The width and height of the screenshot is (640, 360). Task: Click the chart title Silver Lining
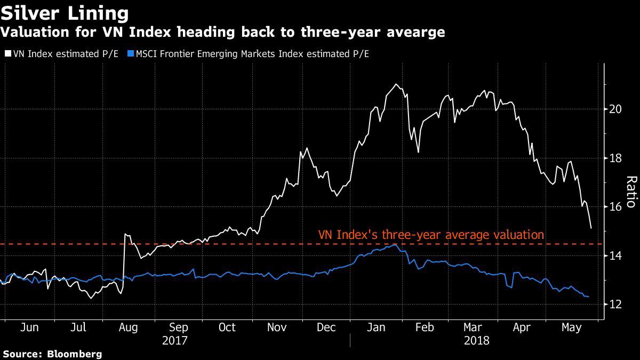pyautogui.click(x=65, y=13)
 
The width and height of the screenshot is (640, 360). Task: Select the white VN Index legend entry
pyautogui.click(x=63, y=53)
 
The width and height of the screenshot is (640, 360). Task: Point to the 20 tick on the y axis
pyautogui.click(x=615, y=109)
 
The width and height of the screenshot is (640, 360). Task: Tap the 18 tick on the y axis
pyautogui.click(x=615, y=158)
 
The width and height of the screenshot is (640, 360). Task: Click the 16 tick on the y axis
pyautogui.click(x=615, y=207)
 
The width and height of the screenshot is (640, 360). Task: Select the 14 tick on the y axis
pyautogui.click(x=615, y=256)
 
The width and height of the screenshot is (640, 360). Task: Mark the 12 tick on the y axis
pyautogui.click(x=615, y=305)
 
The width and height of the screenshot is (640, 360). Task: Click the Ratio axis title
pyautogui.click(x=630, y=191)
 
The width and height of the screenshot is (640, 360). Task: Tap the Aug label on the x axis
pyautogui.click(x=128, y=327)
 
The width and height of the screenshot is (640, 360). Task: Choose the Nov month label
pyautogui.click(x=276, y=327)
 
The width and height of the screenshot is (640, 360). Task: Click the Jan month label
pyautogui.click(x=375, y=327)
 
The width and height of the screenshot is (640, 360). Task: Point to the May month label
pyautogui.click(x=572, y=327)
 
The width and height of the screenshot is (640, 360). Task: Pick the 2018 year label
pyautogui.click(x=476, y=340)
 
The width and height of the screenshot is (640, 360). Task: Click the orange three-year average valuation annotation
pyautogui.click(x=431, y=235)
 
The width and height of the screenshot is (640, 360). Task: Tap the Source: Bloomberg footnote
pyautogui.click(x=52, y=354)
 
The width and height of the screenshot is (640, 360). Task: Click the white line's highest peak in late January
pyautogui.click(x=395, y=84)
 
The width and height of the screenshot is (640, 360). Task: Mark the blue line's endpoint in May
pyautogui.click(x=588, y=297)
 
